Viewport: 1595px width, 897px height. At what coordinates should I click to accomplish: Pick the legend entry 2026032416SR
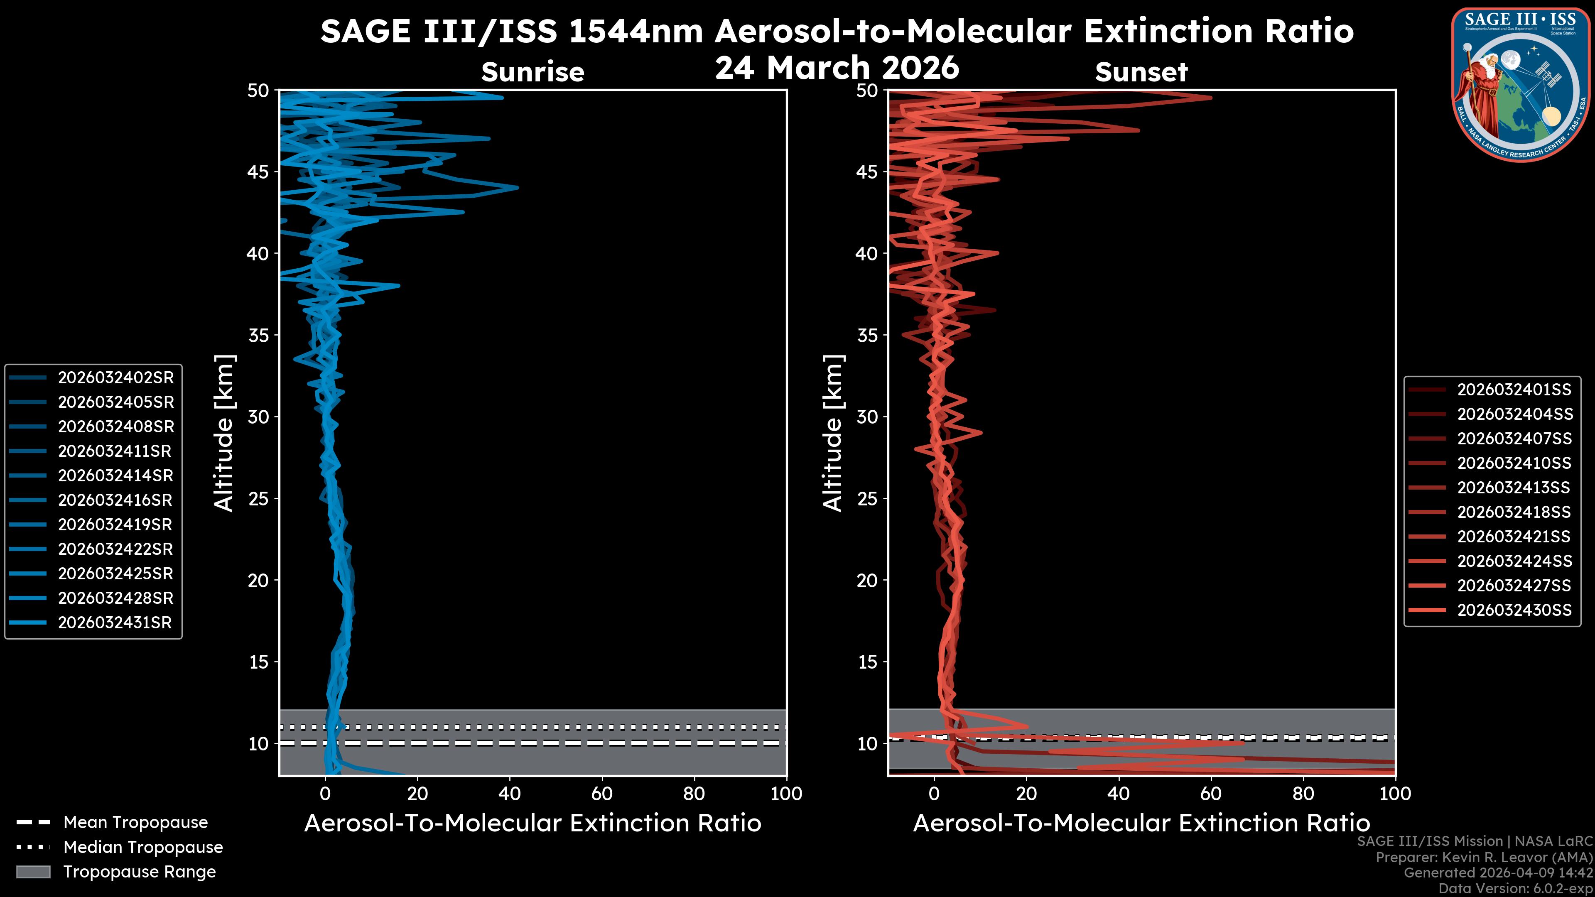(115, 500)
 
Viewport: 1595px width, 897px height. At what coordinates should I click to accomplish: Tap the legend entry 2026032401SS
(1514, 390)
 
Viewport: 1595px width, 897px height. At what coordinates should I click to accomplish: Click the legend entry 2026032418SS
(1514, 512)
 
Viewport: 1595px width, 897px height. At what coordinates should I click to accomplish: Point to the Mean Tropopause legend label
(135, 823)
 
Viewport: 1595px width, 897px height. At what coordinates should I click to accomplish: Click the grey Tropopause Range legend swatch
(33, 872)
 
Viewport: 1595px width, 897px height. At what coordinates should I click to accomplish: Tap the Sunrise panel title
(532, 72)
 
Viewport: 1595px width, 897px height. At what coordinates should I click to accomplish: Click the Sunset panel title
(1141, 72)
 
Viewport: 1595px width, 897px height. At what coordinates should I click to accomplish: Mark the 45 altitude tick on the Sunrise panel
(258, 172)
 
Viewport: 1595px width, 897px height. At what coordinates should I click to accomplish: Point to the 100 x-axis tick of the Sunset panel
(1395, 794)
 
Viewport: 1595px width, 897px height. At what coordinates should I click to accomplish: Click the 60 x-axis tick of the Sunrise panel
(602, 794)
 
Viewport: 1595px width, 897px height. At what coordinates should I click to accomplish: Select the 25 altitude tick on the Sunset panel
(867, 498)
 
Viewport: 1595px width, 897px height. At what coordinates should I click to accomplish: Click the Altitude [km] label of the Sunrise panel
(224, 433)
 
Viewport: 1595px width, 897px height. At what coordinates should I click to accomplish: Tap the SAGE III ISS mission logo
(1519, 84)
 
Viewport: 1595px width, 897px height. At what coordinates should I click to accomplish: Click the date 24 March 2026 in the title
(837, 67)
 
